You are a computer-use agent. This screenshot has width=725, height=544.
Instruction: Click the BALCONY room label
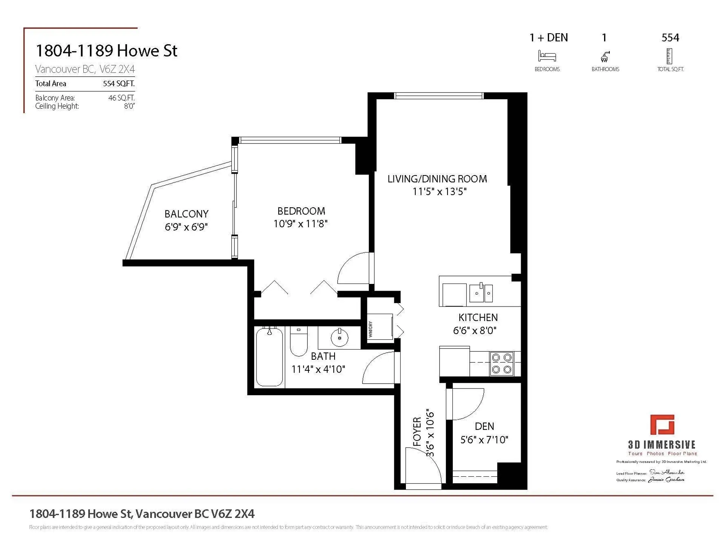[186, 214]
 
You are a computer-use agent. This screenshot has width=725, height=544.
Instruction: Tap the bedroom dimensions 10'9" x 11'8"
[300, 224]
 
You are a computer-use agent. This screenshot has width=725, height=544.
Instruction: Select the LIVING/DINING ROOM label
[437, 179]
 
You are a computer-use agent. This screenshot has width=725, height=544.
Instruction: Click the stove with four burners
[501, 364]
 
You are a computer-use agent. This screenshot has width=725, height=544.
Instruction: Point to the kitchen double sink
[481, 293]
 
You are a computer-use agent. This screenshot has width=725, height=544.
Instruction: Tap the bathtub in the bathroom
[269, 357]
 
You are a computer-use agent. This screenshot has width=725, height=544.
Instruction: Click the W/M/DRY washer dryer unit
[379, 327]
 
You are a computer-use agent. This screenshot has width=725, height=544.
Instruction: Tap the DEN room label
[484, 427]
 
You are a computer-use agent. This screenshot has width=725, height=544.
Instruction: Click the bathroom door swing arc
[378, 368]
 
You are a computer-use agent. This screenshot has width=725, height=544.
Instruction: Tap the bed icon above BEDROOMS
[547, 56]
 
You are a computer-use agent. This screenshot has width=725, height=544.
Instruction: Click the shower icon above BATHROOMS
[605, 57]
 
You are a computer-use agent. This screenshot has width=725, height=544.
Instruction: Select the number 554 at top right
[670, 38]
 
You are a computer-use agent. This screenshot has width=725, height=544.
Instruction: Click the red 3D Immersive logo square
[662, 425]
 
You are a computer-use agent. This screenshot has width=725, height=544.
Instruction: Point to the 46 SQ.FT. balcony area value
[121, 98]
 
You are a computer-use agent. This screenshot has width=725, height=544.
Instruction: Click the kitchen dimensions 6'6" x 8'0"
[475, 331]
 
